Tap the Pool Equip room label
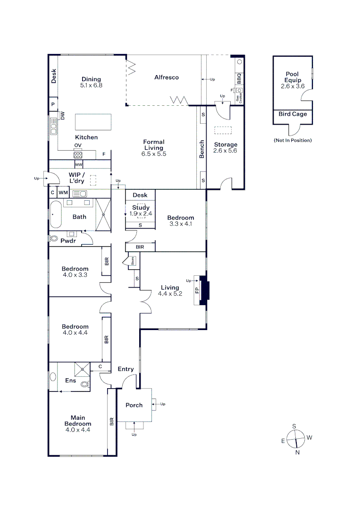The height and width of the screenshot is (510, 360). coord(293,77)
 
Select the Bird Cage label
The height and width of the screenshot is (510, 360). coord(293,114)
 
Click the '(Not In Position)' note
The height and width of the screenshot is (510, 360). coord(293,140)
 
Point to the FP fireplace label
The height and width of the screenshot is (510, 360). coord(197,289)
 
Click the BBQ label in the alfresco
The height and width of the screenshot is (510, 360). coord(239,77)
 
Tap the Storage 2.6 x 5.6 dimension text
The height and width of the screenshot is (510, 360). coord(225,151)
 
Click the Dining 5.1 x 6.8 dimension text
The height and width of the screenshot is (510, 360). coord(91,85)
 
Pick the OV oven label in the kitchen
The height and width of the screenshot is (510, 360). coord(77,145)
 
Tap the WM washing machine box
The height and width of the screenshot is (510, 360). coord(63,193)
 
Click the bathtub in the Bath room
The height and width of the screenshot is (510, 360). coord(56,215)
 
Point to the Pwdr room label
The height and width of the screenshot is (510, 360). coord(68,241)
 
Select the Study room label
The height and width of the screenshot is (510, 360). coord(141,207)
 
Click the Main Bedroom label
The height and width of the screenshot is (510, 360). coord(78,420)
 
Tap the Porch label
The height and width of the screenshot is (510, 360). coord(134,405)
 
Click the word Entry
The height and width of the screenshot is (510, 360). coord(126,369)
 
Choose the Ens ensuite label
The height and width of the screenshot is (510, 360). coord(70,381)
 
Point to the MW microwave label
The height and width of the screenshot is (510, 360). coord(78,165)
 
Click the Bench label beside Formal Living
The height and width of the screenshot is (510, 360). coord(202,149)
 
